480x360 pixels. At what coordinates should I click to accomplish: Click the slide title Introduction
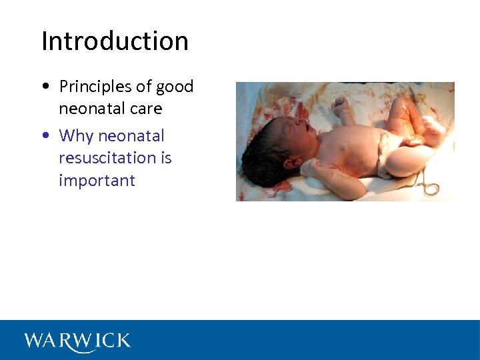pyautogui.click(x=115, y=41)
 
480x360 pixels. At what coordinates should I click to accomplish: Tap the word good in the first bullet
pyautogui.click(x=175, y=87)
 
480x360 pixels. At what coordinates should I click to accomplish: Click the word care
pyautogui.click(x=146, y=109)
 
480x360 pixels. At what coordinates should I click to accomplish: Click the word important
pyautogui.click(x=97, y=181)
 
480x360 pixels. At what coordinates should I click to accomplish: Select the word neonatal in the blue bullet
pyautogui.click(x=131, y=136)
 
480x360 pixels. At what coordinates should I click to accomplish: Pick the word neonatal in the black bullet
pyautogui.click(x=89, y=109)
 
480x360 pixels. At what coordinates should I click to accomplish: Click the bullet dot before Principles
pyautogui.click(x=43, y=87)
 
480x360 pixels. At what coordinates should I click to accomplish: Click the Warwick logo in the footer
pyautogui.click(x=77, y=341)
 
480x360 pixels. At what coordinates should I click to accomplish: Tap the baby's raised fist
pyautogui.click(x=341, y=105)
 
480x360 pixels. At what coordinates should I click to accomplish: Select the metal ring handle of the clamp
pyautogui.click(x=431, y=189)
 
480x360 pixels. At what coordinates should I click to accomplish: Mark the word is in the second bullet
pyautogui.click(x=165, y=158)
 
